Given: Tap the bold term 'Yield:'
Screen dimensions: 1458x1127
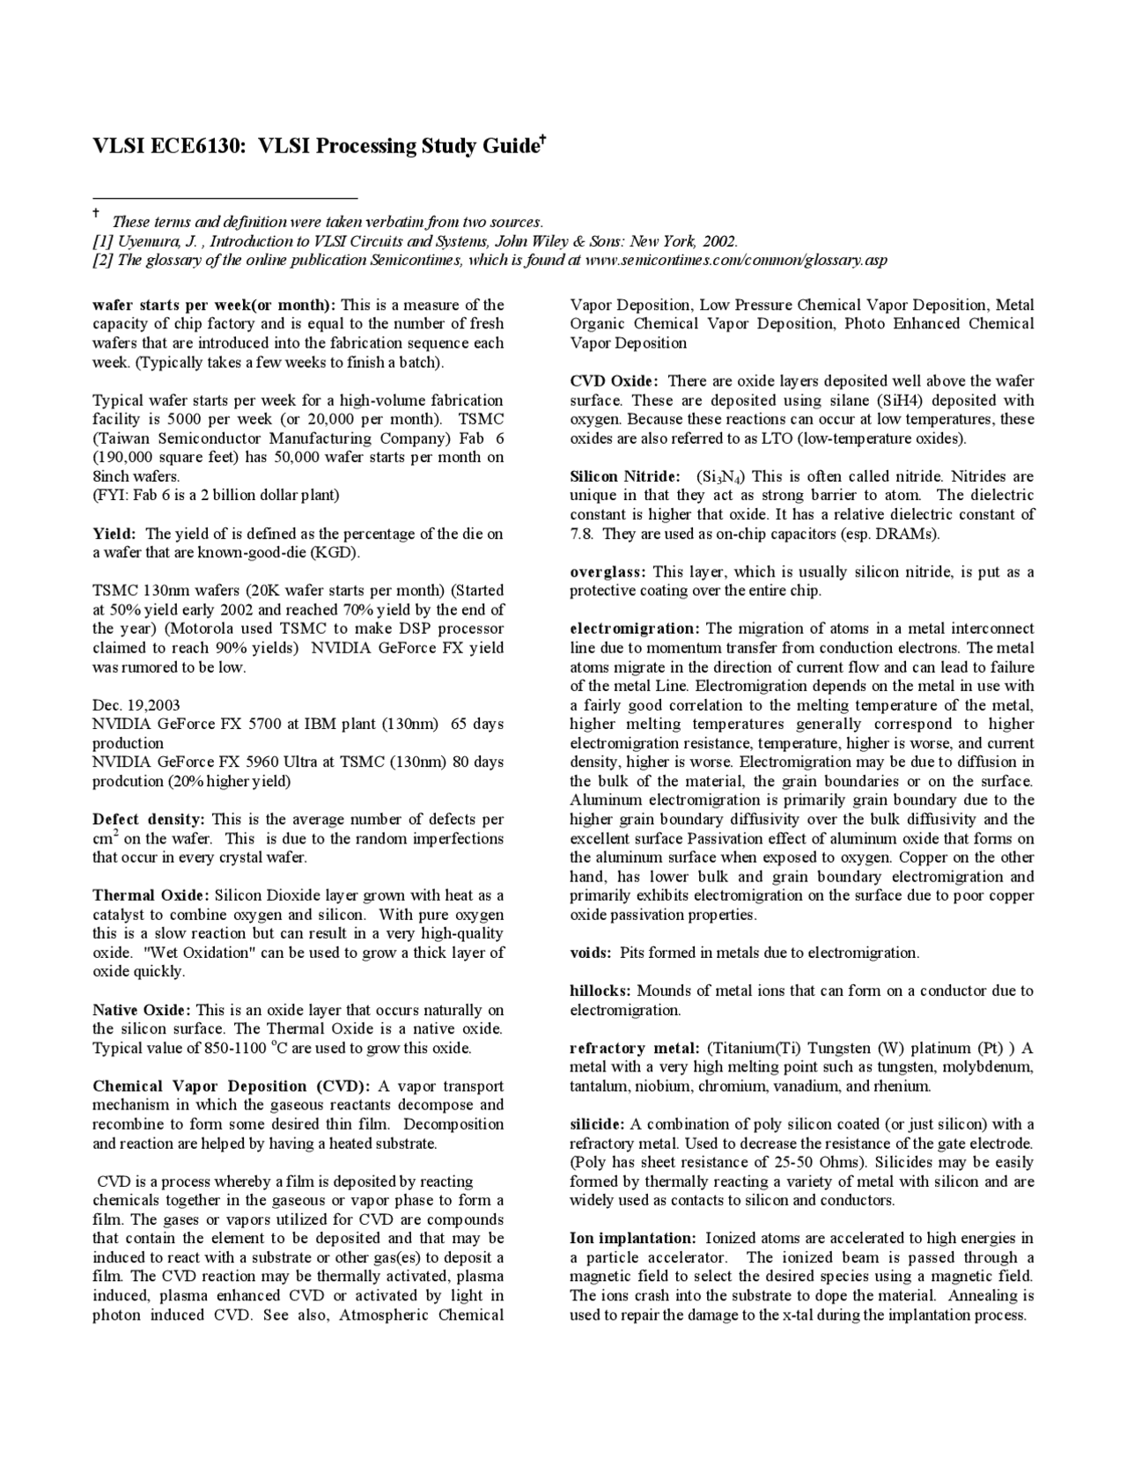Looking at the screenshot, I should pos(114,534).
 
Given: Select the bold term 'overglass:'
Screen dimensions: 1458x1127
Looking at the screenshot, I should pos(608,572).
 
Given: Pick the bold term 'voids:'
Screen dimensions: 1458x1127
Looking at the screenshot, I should pos(591,953).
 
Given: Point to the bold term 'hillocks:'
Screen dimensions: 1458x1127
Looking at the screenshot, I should pos(600,990).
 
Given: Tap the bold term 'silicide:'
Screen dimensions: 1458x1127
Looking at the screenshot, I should pos(597,1124).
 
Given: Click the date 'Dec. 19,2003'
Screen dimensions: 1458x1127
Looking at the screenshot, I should pos(136,705).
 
